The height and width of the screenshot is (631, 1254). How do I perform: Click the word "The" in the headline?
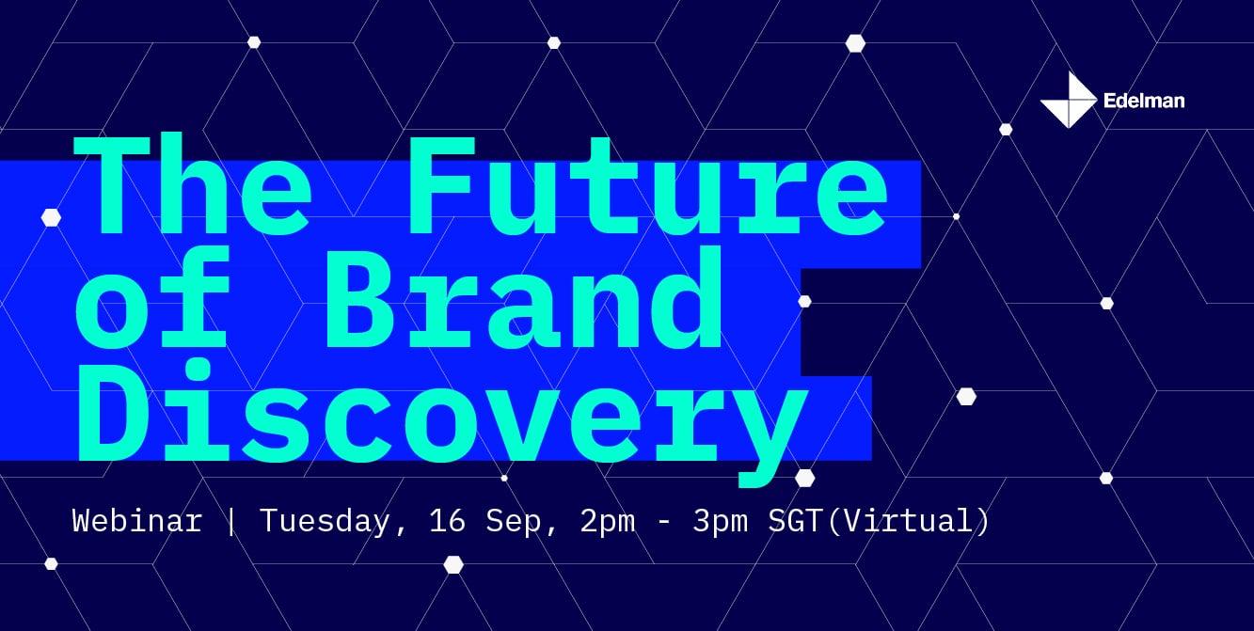pos(193,183)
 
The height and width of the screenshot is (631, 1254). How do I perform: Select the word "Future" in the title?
pos(648,184)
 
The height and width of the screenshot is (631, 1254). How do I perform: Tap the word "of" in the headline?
pos(152,296)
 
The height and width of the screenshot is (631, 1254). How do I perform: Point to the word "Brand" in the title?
pos(524,297)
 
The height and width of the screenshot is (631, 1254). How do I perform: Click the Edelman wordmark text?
pos(1144,101)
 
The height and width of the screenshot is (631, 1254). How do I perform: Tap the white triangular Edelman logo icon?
pos(1068,100)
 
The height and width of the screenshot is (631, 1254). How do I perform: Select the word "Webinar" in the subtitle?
pos(137,520)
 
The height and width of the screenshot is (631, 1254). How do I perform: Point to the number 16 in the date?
pos(447,521)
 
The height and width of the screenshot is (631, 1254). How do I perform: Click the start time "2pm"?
pos(608,522)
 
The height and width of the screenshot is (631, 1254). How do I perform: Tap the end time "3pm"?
pos(721,522)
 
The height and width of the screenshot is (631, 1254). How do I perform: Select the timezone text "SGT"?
pos(796,521)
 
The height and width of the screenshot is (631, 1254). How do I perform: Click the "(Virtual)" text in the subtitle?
pos(908,521)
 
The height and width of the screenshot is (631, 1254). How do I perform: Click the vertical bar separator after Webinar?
pos(230,521)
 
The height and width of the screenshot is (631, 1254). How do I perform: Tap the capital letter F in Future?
pos(442,184)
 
